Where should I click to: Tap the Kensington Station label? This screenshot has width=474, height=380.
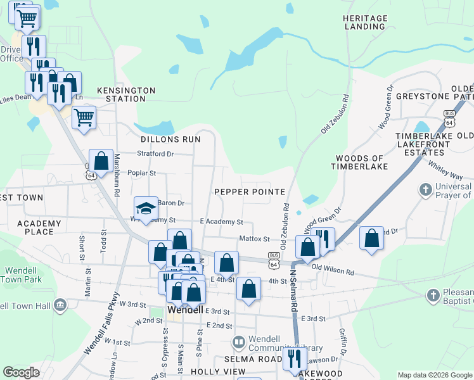point(126,95)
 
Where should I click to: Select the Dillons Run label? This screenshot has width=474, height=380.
point(170,139)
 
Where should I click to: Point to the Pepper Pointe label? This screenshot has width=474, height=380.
point(249,191)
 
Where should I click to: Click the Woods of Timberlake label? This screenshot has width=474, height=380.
point(360,162)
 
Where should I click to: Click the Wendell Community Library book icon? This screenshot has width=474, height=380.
point(239,343)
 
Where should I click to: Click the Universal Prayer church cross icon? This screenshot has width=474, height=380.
point(426,189)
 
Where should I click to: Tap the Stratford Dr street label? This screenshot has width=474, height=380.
point(156,153)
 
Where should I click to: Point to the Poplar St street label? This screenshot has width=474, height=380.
point(142,172)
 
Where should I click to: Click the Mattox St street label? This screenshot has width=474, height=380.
point(255,239)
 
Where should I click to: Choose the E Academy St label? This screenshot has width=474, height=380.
point(221,222)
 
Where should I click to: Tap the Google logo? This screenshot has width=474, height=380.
point(22,372)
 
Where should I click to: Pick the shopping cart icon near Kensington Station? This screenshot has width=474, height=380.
point(84,117)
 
